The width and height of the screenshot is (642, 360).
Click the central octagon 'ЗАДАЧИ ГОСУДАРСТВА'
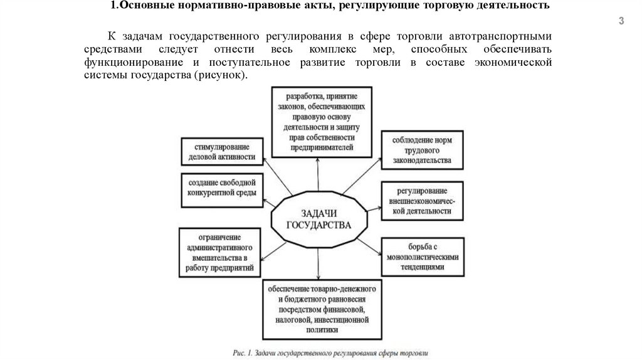pos(318,220)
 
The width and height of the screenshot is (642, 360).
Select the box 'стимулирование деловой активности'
pos(220,151)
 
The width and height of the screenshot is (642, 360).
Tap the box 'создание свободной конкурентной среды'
pos(220,188)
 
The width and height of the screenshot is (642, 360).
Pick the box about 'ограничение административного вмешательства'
pos(219,253)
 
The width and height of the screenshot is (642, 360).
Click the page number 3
pos(621,22)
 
